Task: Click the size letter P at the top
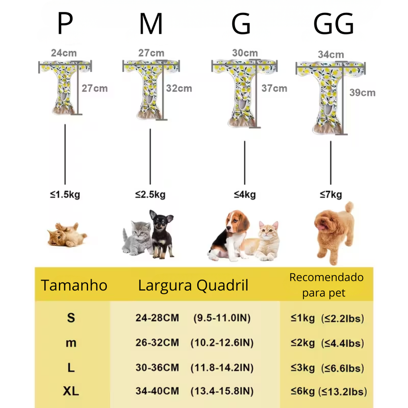click(65, 24)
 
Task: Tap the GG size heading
click(333, 25)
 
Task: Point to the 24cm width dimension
click(64, 53)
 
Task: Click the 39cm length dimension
click(362, 92)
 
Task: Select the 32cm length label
click(179, 88)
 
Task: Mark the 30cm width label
click(245, 53)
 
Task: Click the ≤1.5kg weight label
click(65, 195)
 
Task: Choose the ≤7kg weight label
click(331, 195)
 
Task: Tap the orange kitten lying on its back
click(66, 235)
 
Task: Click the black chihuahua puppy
click(161, 233)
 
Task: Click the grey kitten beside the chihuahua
click(137, 238)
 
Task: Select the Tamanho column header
click(74, 285)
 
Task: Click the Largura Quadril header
click(193, 285)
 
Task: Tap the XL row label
click(71, 391)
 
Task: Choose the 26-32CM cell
click(157, 343)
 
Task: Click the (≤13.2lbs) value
click(342, 391)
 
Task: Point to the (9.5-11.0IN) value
click(222, 318)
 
